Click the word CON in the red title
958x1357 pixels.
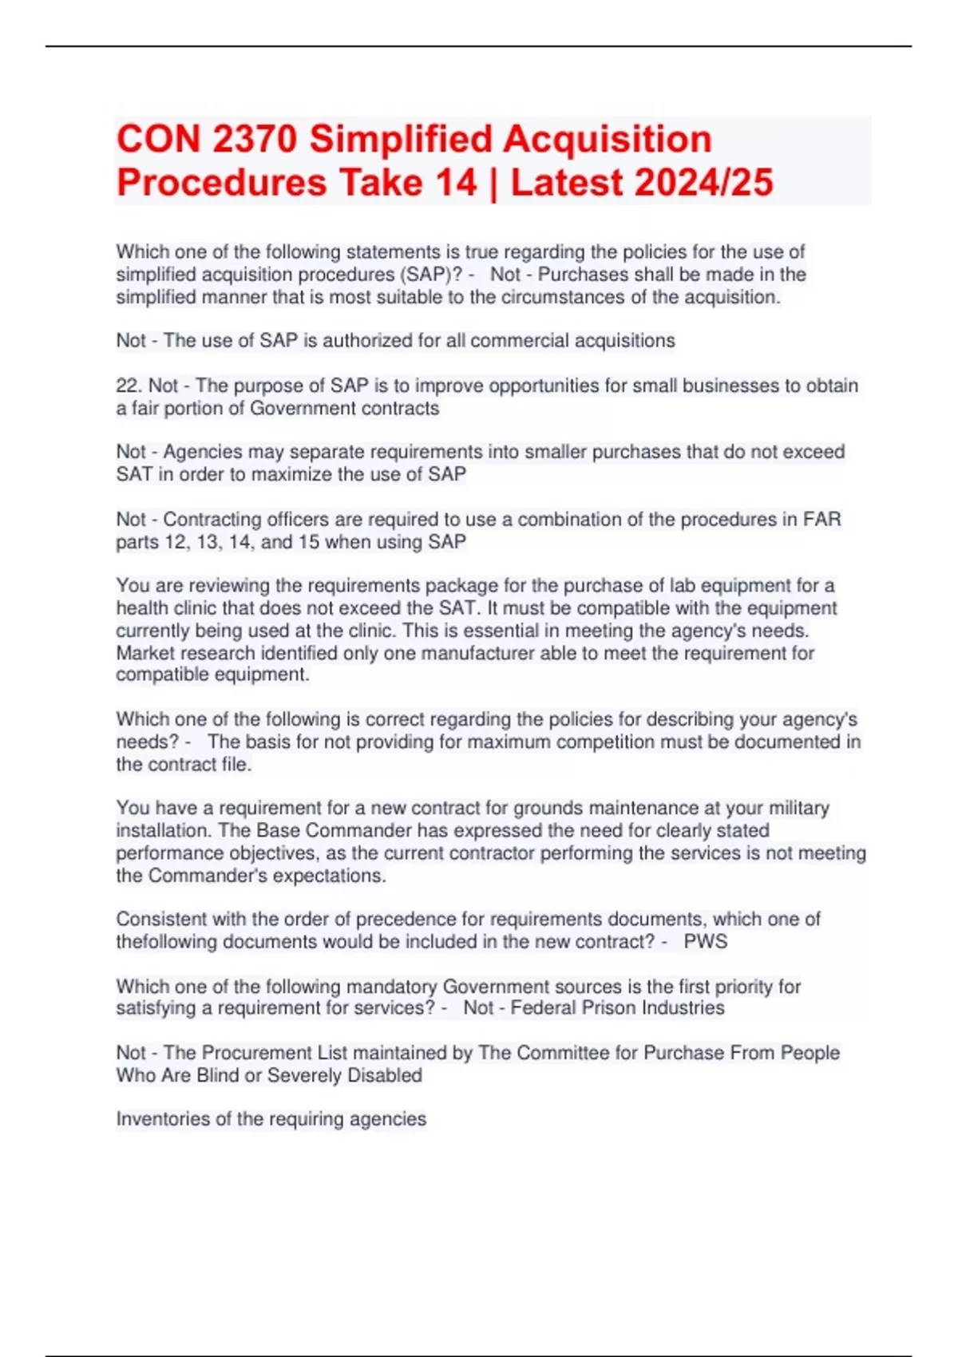coord(158,139)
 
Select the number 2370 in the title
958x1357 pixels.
coord(255,139)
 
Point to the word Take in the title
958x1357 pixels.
coord(382,182)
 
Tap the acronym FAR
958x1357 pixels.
coord(821,519)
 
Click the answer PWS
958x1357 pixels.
coord(706,942)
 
